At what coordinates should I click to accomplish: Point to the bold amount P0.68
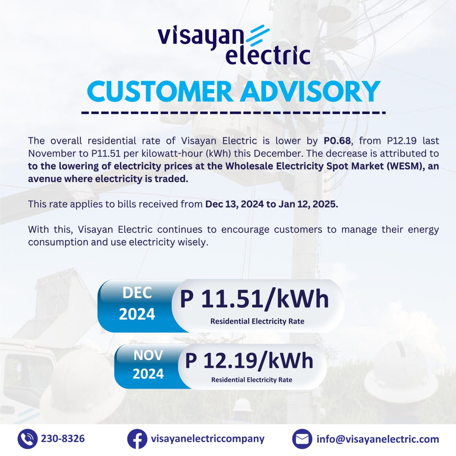click(337, 141)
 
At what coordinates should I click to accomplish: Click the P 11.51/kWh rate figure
click(254, 299)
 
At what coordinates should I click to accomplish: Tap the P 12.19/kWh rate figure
click(249, 361)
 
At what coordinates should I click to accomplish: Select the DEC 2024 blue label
click(137, 304)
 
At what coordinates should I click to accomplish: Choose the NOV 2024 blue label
click(148, 365)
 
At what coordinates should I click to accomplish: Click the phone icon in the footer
click(27, 439)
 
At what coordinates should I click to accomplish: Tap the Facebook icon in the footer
click(137, 439)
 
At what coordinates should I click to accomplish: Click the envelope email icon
click(302, 439)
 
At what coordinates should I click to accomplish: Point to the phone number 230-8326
click(63, 439)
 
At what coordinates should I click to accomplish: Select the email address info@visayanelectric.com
click(378, 439)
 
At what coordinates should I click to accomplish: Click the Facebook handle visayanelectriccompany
click(208, 439)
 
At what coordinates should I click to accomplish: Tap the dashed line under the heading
click(233, 113)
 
